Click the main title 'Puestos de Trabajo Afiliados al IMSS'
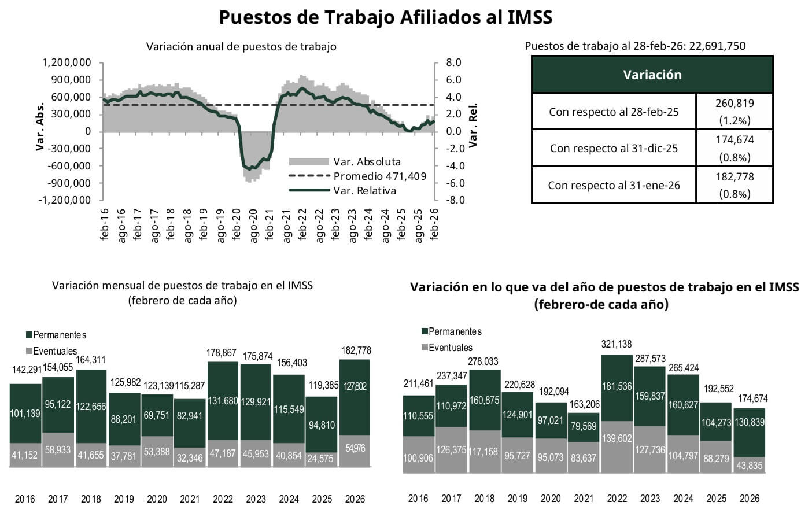[x=386, y=17]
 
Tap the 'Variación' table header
[x=652, y=75]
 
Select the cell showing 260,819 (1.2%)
[x=735, y=112]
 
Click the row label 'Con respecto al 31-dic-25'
[x=614, y=149]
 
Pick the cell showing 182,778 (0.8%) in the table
[x=735, y=185]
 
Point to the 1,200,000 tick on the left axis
[x=67, y=62]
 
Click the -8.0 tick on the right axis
[x=454, y=200]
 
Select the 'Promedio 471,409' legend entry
[x=379, y=176]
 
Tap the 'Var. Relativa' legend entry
[x=364, y=191]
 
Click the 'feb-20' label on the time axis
[x=237, y=224]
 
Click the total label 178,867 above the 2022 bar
[x=223, y=353]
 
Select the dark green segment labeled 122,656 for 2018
[x=91, y=407]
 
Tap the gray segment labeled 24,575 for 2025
[x=322, y=459]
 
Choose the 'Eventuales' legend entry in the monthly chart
[x=54, y=351]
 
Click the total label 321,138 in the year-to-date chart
[x=617, y=345]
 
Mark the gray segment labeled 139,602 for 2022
[x=617, y=438]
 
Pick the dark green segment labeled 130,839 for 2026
[x=750, y=422]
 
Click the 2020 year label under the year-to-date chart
[x=551, y=499]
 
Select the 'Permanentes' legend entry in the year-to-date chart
[x=454, y=331]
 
